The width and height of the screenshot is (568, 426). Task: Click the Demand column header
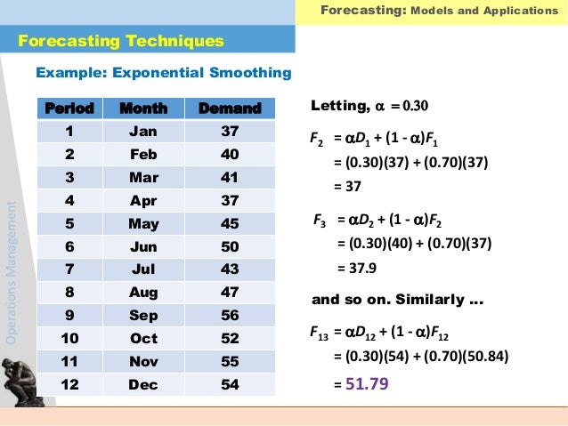coord(229,109)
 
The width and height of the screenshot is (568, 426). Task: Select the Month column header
coord(143,109)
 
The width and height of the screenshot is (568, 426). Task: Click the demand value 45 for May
coord(229,223)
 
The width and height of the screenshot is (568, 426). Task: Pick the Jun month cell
coord(143,246)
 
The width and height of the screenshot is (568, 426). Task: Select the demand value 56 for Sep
coord(229,315)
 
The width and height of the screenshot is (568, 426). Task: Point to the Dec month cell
coord(143,384)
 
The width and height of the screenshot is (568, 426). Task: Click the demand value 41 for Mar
coord(229,177)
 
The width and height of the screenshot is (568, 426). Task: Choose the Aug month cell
coord(143,292)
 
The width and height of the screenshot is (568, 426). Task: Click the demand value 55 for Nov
coord(229,361)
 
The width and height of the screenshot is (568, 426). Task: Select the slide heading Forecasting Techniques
coord(121,41)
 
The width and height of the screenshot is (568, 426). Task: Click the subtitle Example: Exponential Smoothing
coord(162,72)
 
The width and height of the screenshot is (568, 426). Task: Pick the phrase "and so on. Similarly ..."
coord(397,300)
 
